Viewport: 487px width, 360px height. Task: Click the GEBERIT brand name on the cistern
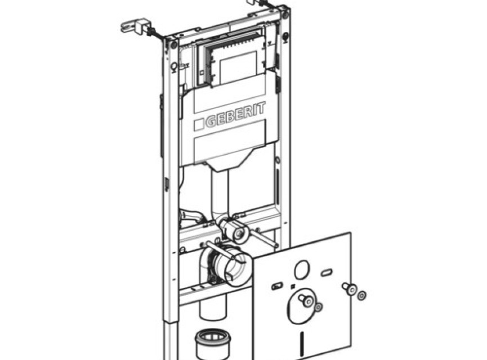pyautogui.click(x=236, y=114)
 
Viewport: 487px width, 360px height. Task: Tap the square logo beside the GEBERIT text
pyautogui.click(x=199, y=125)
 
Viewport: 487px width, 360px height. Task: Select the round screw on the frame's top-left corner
pyautogui.click(x=173, y=44)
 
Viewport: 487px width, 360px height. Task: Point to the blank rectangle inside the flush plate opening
pyautogui.click(x=238, y=68)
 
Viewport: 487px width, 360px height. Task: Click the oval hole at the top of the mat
pyautogui.click(x=302, y=269)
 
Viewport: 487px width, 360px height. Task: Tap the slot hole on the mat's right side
pyautogui.click(x=327, y=273)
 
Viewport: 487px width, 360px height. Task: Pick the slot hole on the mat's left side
pyautogui.click(x=277, y=286)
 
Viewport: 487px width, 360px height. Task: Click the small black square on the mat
pyautogui.click(x=292, y=286)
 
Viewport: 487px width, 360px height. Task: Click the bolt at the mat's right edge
pyautogui.click(x=350, y=289)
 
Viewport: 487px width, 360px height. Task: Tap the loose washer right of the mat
pyautogui.click(x=361, y=295)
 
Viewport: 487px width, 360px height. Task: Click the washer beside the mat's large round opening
pyautogui.click(x=318, y=307)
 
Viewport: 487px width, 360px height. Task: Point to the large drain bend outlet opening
pyautogui.click(x=235, y=264)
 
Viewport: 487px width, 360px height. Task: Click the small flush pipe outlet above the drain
pyautogui.click(x=239, y=233)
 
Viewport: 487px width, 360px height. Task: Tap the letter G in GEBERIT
pyautogui.click(x=211, y=121)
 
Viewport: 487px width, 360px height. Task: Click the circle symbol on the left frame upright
pyautogui.click(x=174, y=67)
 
